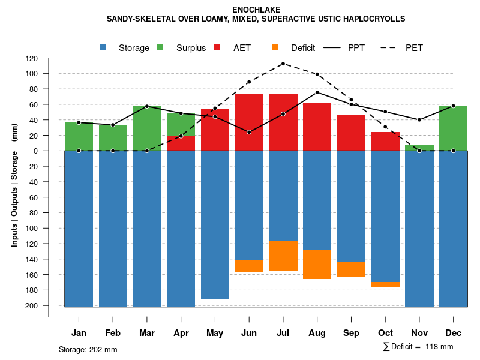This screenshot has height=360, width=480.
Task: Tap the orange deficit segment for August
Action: click(317, 265)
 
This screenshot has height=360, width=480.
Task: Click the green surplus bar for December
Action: click(453, 128)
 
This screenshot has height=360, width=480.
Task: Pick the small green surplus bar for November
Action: click(419, 148)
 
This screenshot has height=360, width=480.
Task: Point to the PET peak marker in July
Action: click(283, 64)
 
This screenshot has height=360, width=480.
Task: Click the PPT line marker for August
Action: click(317, 92)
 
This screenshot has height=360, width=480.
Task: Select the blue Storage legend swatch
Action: click(103, 47)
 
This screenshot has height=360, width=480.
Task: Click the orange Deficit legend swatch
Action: click(275, 47)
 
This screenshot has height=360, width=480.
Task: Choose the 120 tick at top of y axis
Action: click(32, 58)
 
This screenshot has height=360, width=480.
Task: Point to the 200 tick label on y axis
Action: click(32, 305)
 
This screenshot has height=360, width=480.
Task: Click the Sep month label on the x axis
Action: click(351, 333)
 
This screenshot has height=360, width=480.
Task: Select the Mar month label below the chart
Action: click(147, 333)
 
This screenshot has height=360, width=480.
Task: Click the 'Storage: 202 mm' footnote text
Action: click(88, 349)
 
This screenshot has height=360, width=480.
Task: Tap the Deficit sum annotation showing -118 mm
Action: click(418, 346)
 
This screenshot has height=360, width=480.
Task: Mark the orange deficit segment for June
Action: click(249, 266)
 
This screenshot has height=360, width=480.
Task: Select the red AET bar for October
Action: click(385, 141)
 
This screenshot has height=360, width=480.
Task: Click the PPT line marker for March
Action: click(147, 106)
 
